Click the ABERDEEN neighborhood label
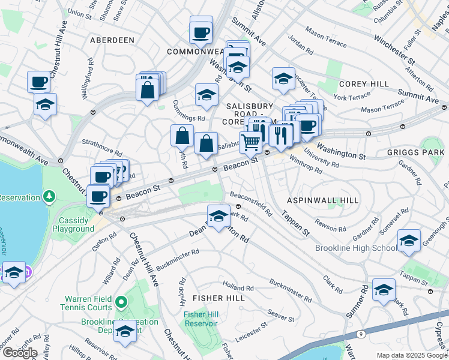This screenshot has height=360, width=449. (x=112, y=40)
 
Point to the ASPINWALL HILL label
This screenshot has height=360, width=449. (x=322, y=200)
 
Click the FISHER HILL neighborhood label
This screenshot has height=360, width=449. (x=217, y=298)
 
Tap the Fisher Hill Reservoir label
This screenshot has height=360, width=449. (x=200, y=319)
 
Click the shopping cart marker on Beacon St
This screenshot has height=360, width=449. (x=252, y=143)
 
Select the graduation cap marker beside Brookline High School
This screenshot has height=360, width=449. (x=409, y=241)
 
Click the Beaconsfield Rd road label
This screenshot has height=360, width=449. (x=252, y=204)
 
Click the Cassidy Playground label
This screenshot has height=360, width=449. (x=73, y=224)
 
